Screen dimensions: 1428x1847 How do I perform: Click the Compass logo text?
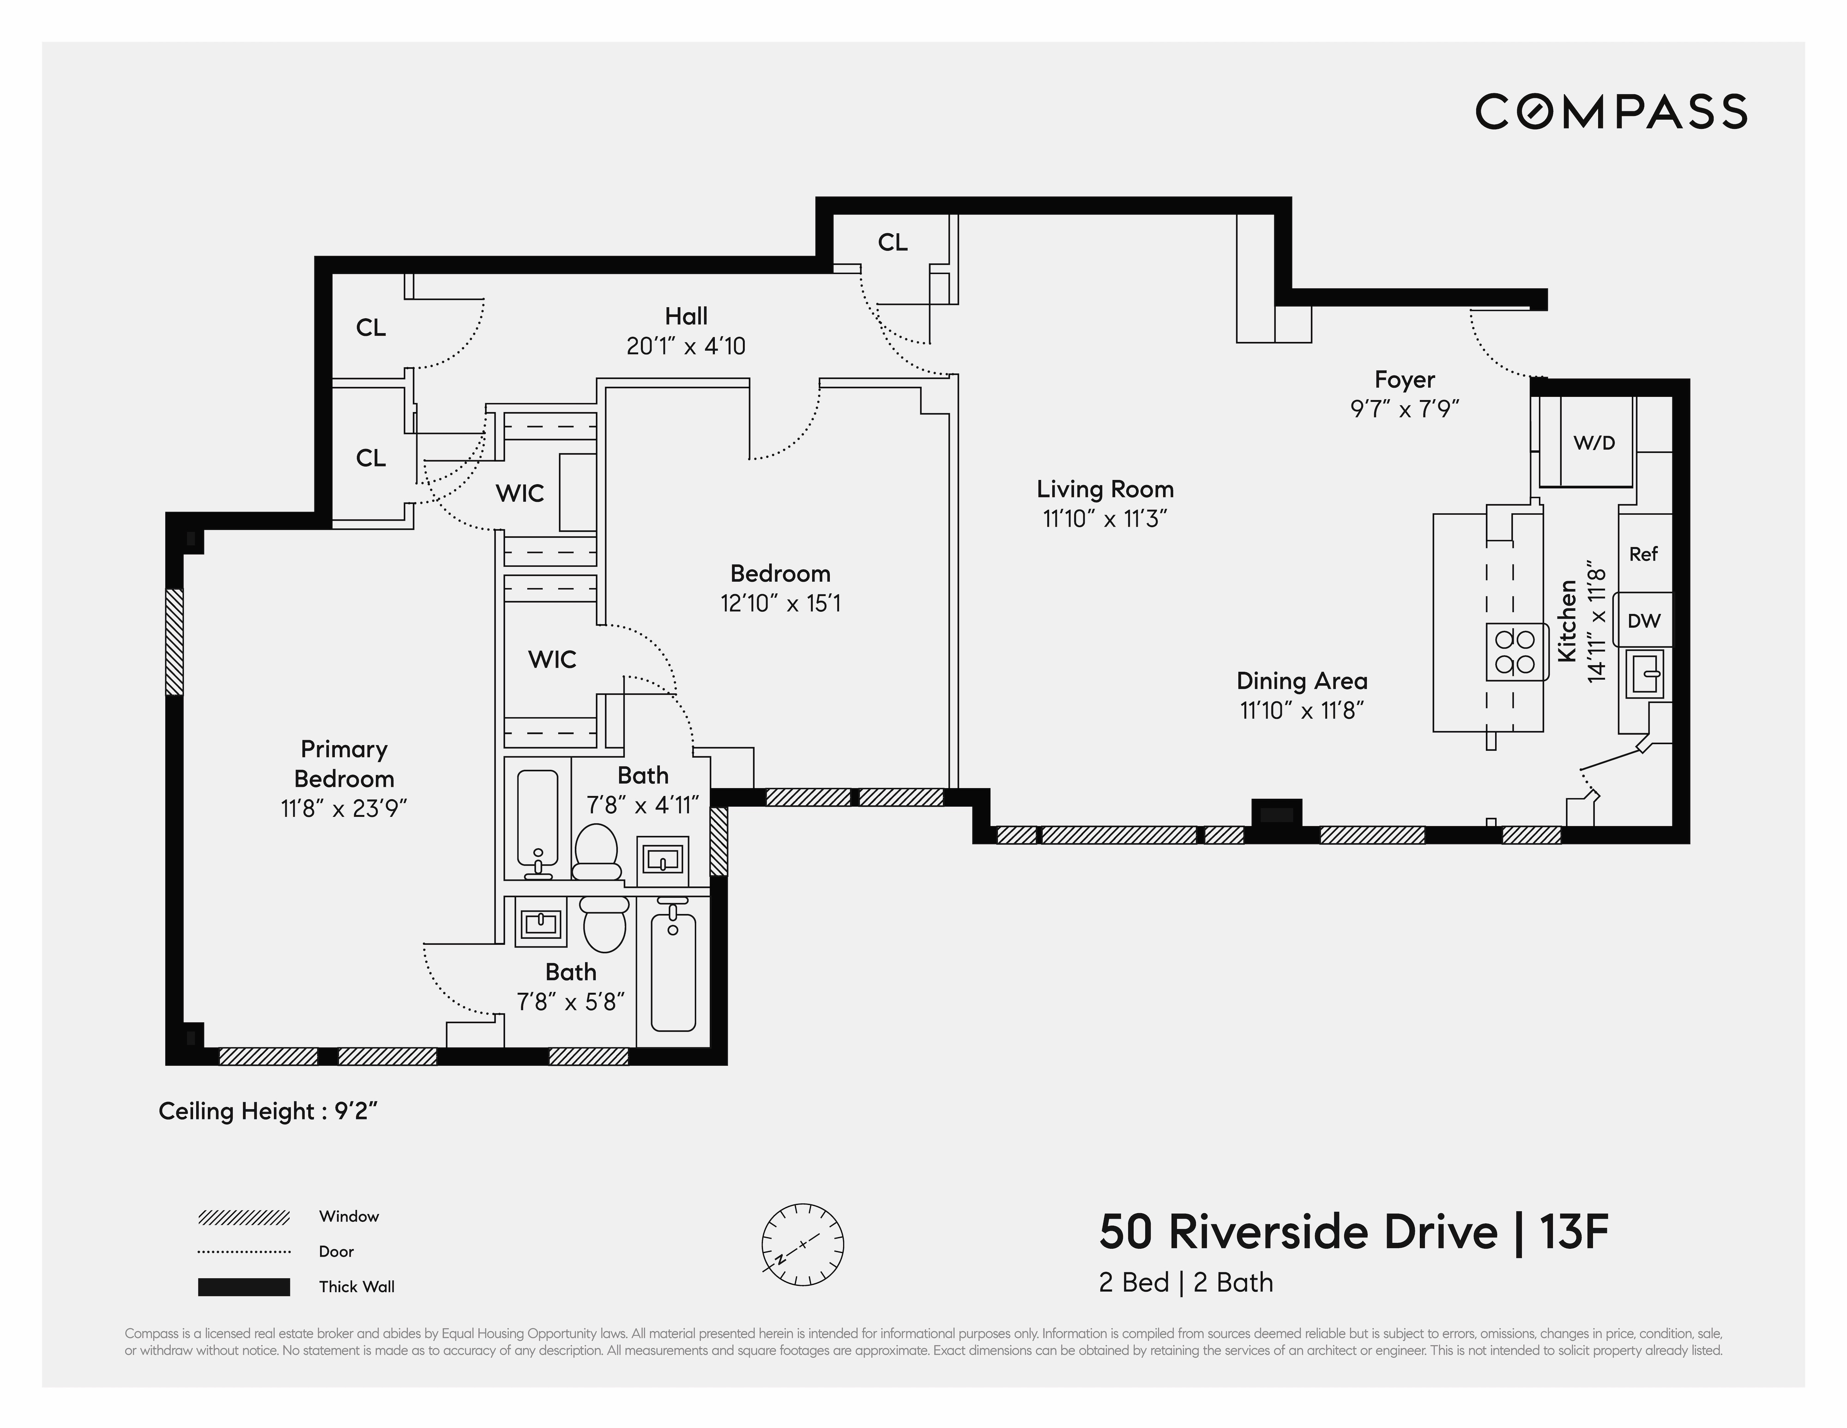click(1611, 112)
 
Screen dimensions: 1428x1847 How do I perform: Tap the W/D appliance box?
click(1593, 443)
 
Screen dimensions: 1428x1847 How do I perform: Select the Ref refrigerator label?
click(1643, 554)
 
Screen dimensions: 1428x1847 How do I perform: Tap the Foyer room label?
click(1404, 380)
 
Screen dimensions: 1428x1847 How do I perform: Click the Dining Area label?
click(1302, 681)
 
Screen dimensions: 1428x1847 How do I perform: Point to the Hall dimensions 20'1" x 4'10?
click(686, 346)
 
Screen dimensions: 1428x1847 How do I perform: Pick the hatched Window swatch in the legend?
click(243, 1217)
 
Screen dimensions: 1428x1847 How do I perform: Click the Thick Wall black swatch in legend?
click(243, 1287)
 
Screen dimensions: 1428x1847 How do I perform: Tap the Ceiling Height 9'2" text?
click(267, 1111)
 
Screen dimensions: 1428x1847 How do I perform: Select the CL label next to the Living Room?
click(892, 243)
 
